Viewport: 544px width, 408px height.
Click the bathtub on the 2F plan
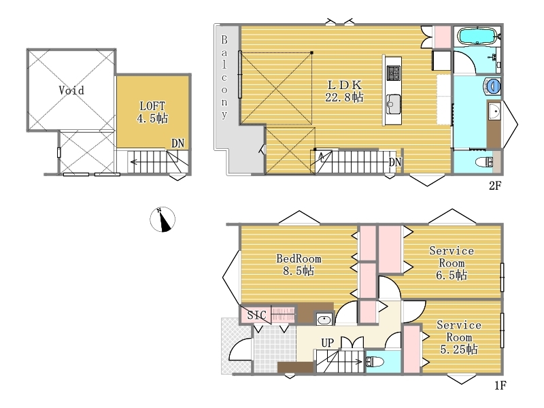pyautogui.click(x=477, y=36)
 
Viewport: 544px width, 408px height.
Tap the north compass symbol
pyautogui.click(x=163, y=219)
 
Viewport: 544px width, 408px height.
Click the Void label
pyautogui.click(x=71, y=90)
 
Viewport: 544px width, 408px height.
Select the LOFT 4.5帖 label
pyautogui.click(x=152, y=112)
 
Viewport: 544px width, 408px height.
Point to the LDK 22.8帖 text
pyautogui.click(x=344, y=91)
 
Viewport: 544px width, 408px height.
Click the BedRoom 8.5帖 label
pyautogui.click(x=299, y=265)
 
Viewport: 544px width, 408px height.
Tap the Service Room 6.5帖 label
pyautogui.click(x=452, y=262)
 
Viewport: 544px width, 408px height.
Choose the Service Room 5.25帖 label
pyautogui.click(x=458, y=337)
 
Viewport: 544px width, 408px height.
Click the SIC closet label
pyautogui.click(x=257, y=315)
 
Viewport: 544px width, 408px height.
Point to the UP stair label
pyautogui.click(x=328, y=343)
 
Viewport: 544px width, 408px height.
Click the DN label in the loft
pyautogui.click(x=177, y=143)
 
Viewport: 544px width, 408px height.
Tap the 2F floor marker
pyautogui.click(x=495, y=186)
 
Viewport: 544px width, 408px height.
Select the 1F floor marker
pyautogui.click(x=500, y=386)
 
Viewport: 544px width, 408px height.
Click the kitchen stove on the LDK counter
pyautogui.click(x=394, y=73)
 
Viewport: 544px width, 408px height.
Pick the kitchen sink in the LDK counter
pyautogui.click(x=394, y=104)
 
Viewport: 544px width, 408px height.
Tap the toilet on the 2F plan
pyautogui.click(x=484, y=162)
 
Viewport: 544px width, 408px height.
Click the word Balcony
pyautogui.click(x=224, y=77)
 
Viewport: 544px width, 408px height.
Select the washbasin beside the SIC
pyautogui.click(x=324, y=319)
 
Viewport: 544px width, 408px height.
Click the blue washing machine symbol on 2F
pyautogui.click(x=492, y=86)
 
